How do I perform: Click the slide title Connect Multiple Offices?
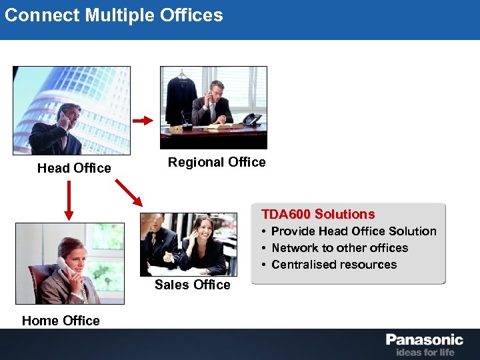click(114, 15)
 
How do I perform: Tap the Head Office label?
click(74, 168)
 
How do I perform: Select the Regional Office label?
click(217, 162)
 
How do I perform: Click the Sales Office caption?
click(192, 285)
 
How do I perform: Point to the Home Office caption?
click(61, 321)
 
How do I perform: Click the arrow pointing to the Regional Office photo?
click(143, 121)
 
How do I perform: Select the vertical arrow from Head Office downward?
click(68, 201)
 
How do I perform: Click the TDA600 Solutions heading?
click(318, 214)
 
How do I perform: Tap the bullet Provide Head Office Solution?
click(353, 231)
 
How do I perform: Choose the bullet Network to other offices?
click(339, 248)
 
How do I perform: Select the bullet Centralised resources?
click(333, 265)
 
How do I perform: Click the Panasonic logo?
click(424, 340)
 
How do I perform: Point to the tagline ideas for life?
click(425, 352)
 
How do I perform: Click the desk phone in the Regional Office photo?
click(252, 120)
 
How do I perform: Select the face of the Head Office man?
click(68, 114)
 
